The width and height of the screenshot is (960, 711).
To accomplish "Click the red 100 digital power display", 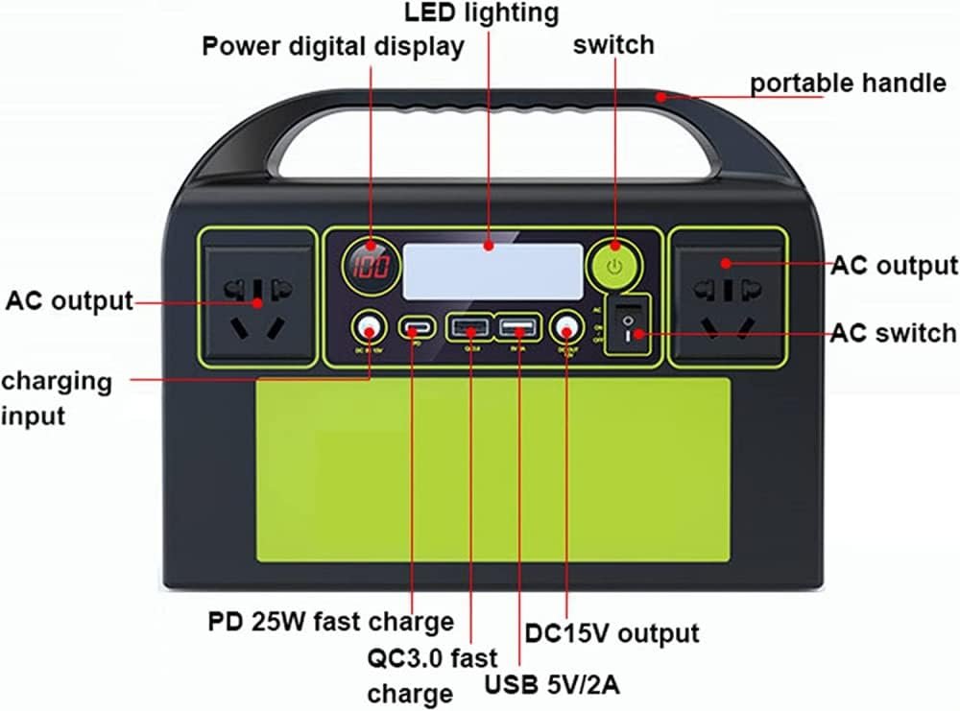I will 369,266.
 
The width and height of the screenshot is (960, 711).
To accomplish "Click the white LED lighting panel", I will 492,270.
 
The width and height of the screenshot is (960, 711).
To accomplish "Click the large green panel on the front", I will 492,469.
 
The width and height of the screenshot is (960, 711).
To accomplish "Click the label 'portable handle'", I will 847,83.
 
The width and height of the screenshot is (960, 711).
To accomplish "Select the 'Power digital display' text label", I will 332,46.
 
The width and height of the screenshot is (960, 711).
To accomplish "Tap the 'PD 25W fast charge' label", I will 330,621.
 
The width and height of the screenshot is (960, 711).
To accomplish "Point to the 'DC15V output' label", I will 612,633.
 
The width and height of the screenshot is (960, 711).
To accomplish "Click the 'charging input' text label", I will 56,398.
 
